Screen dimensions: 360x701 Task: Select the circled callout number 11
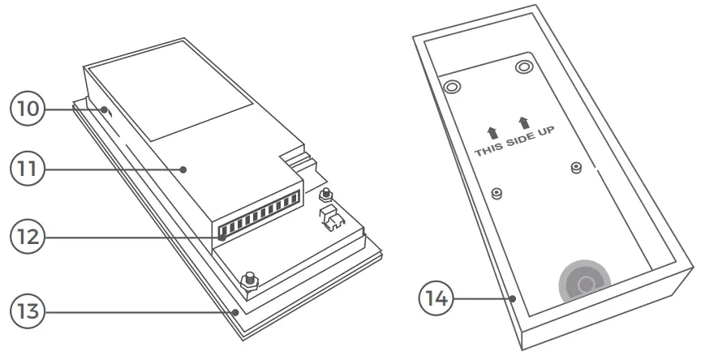(x=26, y=169)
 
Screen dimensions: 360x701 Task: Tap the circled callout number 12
(x=26, y=238)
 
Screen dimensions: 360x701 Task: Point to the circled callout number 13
(x=26, y=311)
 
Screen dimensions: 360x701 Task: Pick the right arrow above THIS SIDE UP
(x=523, y=122)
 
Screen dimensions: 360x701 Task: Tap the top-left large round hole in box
(x=451, y=86)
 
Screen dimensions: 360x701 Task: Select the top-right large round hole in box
(x=523, y=66)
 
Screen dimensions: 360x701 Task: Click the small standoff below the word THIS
(x=498, y=193)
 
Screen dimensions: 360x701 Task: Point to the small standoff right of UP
(x=575, y=168)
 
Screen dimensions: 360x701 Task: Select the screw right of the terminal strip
(x=326, y=195)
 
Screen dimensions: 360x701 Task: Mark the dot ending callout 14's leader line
(x=514, y=298)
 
